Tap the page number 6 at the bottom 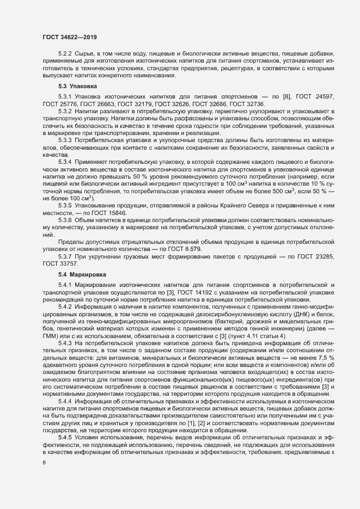coord(44,462)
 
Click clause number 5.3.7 coord(65,256)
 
